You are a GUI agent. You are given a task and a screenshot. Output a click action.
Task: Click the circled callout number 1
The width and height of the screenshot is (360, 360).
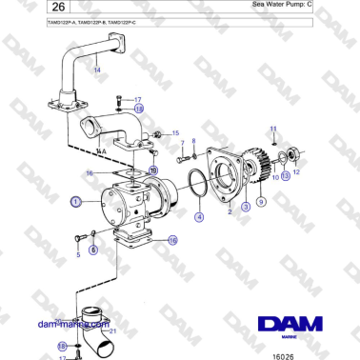pyautogui.click(x=75, y=202)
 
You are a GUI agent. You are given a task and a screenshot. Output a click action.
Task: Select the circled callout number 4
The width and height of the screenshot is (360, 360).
pyautogui.click(x=199, y=216)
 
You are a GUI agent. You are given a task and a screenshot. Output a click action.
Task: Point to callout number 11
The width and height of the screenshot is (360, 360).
pyautogui.click(x=273, y=128)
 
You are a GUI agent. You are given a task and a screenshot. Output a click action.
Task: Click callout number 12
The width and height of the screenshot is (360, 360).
pyautogui.click(x=295, y=173)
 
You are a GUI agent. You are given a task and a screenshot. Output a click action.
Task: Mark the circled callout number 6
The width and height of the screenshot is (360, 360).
pyautogui.click(x=93, y=250)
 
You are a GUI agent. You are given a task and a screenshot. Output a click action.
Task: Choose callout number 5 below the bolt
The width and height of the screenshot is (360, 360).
pyautogui.click(x=77, y=255)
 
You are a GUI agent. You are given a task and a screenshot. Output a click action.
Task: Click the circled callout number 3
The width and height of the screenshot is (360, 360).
pyautogui.click(x=246, y=206)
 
